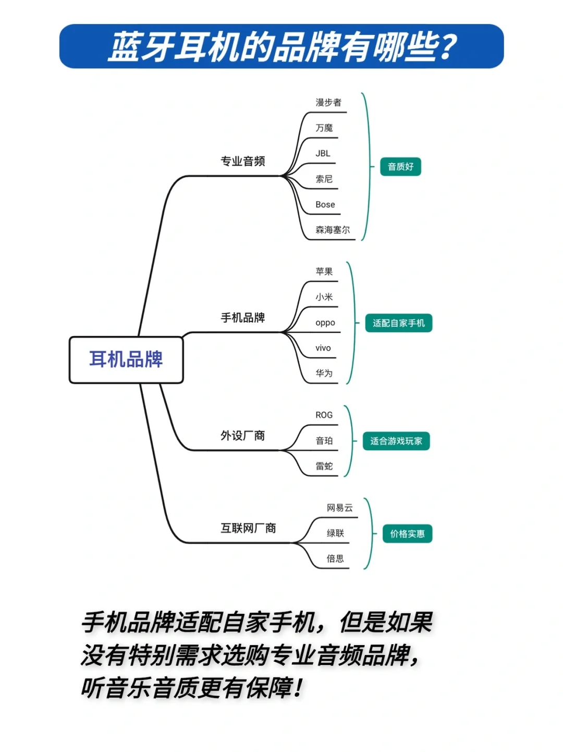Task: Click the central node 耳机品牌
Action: (126, 360)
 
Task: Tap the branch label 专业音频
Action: (242, 161)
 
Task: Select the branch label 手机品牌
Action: (242, 317)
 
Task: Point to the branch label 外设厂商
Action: (242, 436)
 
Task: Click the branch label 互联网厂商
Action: (248, 528)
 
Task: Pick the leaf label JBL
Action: (323, 153)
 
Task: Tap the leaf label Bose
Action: (325, 204)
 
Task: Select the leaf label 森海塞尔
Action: (333, 229)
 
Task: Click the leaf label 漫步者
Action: (328, 102)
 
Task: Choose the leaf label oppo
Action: (325, 323)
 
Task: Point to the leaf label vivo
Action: (323, 348)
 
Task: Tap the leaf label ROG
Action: (324, 415)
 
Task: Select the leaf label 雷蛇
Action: (324, 466)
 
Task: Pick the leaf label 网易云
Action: (339, 508)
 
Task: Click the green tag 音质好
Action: (400, 166)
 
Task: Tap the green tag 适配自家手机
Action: (398, 323)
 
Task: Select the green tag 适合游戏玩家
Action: (396, 440)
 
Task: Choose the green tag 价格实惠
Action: (408, 534)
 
